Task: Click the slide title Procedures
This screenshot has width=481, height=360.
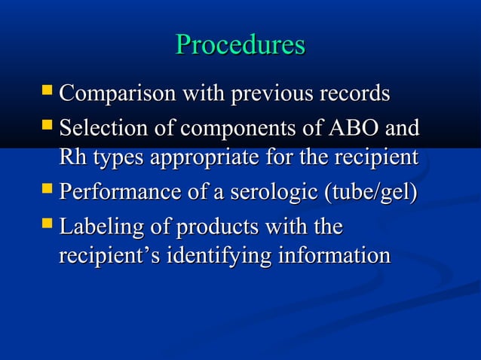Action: pos(240,44)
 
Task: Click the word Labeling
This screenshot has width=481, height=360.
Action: pos(95,225)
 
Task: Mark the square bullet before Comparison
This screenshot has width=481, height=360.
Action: pos(47,93)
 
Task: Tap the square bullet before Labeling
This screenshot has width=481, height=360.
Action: pos(47,223)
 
